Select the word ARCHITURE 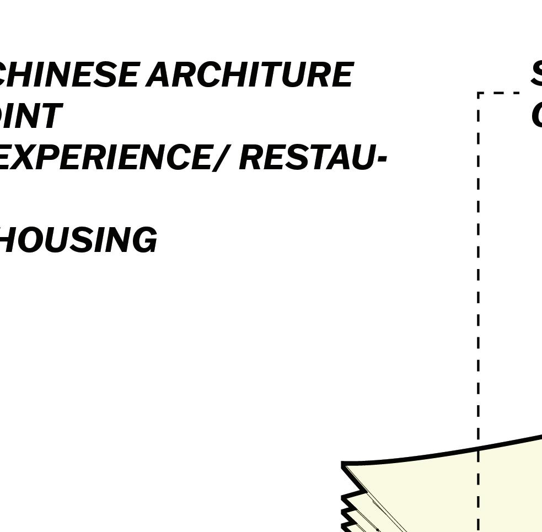250,75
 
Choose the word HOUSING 77,240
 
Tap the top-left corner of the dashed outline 479,93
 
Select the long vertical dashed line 479,276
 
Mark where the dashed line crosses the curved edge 479,448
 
